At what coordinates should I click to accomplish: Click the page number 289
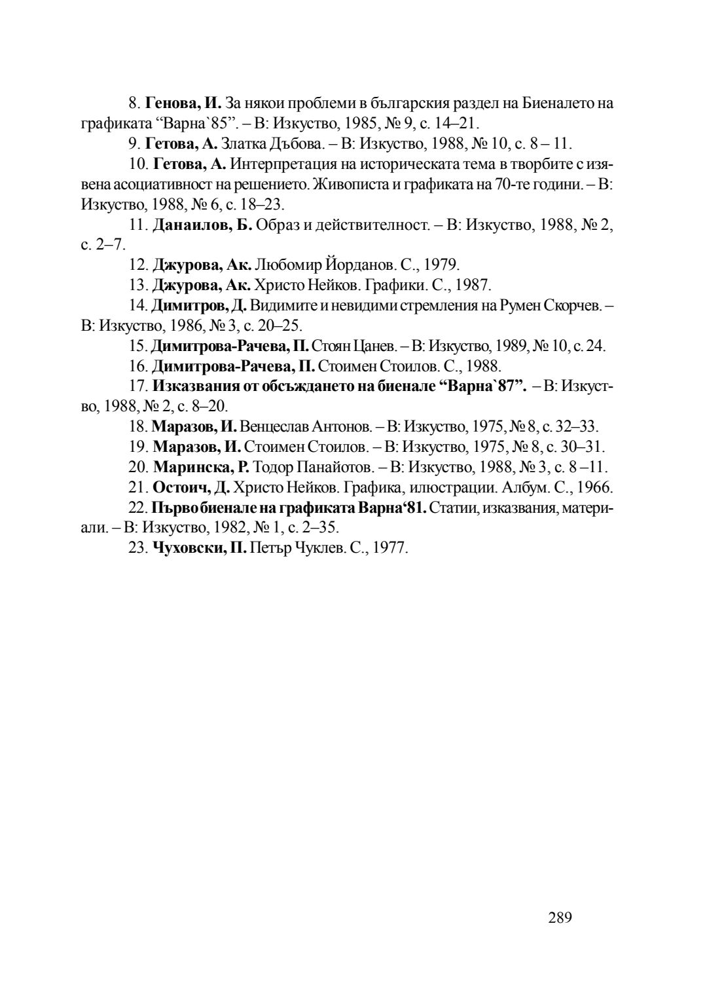(x=560, y=918)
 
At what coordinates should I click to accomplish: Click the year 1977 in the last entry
(x=390, y=548)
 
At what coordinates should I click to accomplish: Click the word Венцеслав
(x=276, y=426)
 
